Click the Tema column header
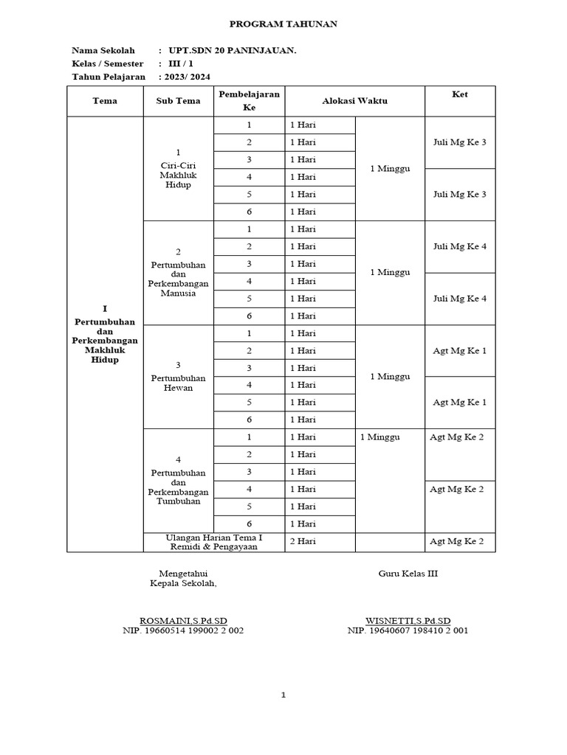[105, 101]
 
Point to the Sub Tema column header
[178, 101]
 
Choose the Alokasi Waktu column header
[354, 101]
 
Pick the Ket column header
[459, 94]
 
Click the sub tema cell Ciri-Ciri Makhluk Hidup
[178, 170]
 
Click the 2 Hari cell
[303, 542]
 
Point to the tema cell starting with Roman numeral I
[105, 335]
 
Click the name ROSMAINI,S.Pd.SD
[183, 620]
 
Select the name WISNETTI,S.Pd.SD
[408, 620]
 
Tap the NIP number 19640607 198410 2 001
[408, 630]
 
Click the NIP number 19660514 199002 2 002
[183, 630]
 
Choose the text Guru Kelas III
[408, 574]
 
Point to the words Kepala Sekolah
[183, 583]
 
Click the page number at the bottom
[283, 695]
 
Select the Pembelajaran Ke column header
[249, 101]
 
